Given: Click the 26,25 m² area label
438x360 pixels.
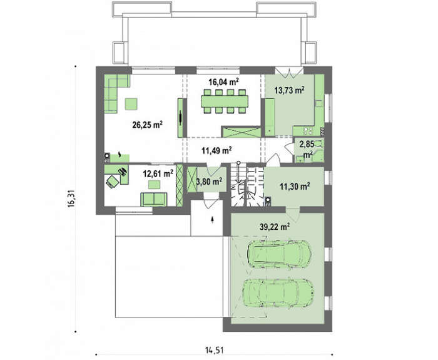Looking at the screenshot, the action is pos(148,125).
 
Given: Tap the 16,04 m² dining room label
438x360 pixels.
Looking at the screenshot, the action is pos(223,82).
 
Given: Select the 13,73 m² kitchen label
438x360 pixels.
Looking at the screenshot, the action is pos(289,90).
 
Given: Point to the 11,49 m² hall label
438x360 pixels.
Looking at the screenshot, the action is pos(216,151).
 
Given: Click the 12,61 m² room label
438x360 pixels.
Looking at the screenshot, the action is pos(158,174).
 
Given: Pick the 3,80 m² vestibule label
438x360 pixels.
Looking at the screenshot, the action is pos(210,182).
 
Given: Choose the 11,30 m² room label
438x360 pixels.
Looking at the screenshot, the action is pos(295,186).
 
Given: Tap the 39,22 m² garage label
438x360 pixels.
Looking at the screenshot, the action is pos(275,227).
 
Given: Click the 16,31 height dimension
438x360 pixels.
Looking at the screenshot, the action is pos(71,198).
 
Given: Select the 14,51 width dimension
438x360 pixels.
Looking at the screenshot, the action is pos(214,350).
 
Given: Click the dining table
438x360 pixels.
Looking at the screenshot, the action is pos(225,101).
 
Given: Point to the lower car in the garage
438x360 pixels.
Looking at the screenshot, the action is pos(278,292).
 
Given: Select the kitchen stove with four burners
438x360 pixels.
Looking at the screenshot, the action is pos(308,130).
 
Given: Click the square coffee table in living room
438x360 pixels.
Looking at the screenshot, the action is pos(131,104).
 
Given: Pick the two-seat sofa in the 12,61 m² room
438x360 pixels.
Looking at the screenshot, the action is pos(154,199).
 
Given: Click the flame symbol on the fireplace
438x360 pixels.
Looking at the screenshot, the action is pos(120,154).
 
